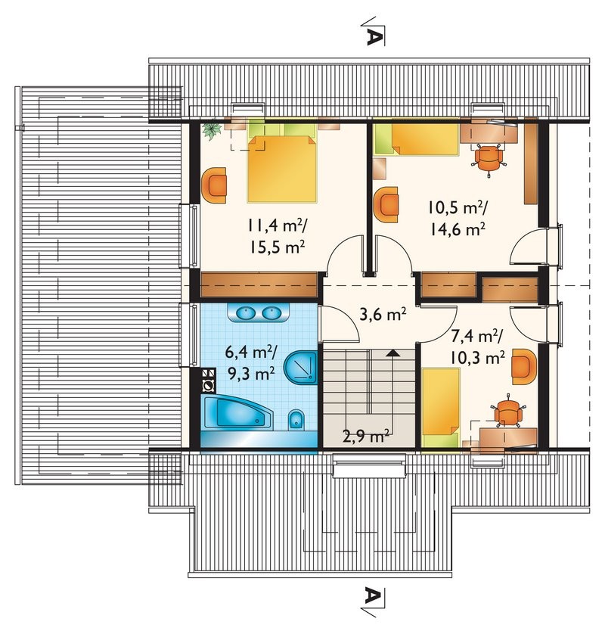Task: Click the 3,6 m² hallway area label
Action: click(383, 315)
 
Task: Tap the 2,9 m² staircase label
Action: click(366, 437)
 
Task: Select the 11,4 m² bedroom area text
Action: click(278, 225)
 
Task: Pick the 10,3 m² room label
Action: click(477, 357)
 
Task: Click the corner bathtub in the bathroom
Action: click(237, 412)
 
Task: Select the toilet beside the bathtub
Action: click(296, 421)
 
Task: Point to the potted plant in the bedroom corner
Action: click(213, 130)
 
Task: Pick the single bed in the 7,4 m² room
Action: click(440, 408)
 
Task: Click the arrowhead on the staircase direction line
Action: click(392, 353)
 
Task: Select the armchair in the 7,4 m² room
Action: click(524, 366)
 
